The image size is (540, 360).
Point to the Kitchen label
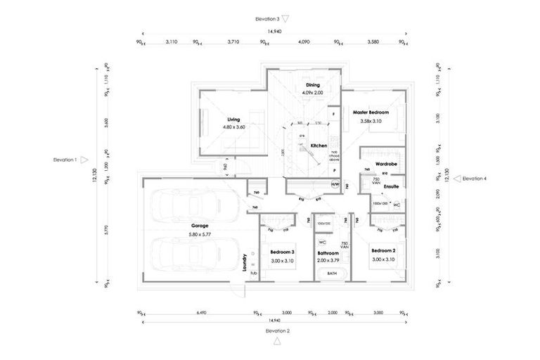coord(319,146)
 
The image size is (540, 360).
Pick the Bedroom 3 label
coord(281,251)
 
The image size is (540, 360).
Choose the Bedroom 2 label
coord(385,251)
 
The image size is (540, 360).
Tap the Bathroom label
coord(328,252)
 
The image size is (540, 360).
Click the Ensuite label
coord(391,187)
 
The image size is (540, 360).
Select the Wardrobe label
coord(387,164)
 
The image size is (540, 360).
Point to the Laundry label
coord(243,262)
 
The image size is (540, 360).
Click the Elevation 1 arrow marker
coord(84,160)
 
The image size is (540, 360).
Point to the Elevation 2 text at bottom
coord(277,330)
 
